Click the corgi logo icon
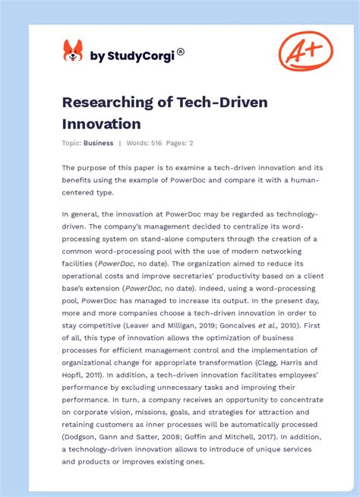coord(73,51)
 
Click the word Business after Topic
coord(99,143)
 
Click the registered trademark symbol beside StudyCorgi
coord(180,52)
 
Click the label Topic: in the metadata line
coord(71,143)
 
